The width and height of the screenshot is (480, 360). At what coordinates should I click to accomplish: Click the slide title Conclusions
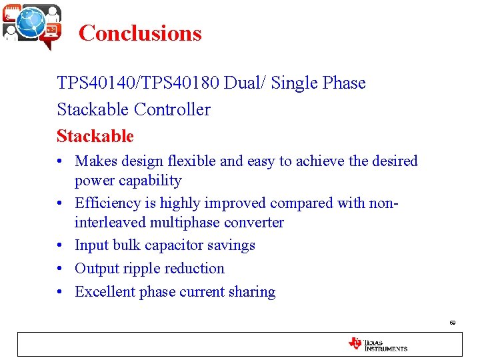click(140, 33)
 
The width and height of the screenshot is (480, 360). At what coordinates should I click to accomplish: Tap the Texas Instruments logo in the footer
click(377, 344)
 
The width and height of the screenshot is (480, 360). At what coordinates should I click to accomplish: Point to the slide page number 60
click(452, 323)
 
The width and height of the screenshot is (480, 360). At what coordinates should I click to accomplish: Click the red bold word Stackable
click(95, 137)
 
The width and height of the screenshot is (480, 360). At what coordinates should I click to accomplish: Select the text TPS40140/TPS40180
click(139, 83)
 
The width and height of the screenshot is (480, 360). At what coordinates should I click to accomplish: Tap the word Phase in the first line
click(344, 83)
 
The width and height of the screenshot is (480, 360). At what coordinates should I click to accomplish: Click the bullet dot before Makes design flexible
click(61, 161)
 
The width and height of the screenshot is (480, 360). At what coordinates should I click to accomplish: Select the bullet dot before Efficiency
click(61, 203)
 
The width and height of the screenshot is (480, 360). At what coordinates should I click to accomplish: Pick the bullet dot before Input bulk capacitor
click(61, 245)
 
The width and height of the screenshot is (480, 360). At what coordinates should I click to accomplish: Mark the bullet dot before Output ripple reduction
click(61, 269)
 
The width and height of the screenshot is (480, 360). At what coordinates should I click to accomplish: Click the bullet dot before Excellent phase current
click(61, 292)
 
